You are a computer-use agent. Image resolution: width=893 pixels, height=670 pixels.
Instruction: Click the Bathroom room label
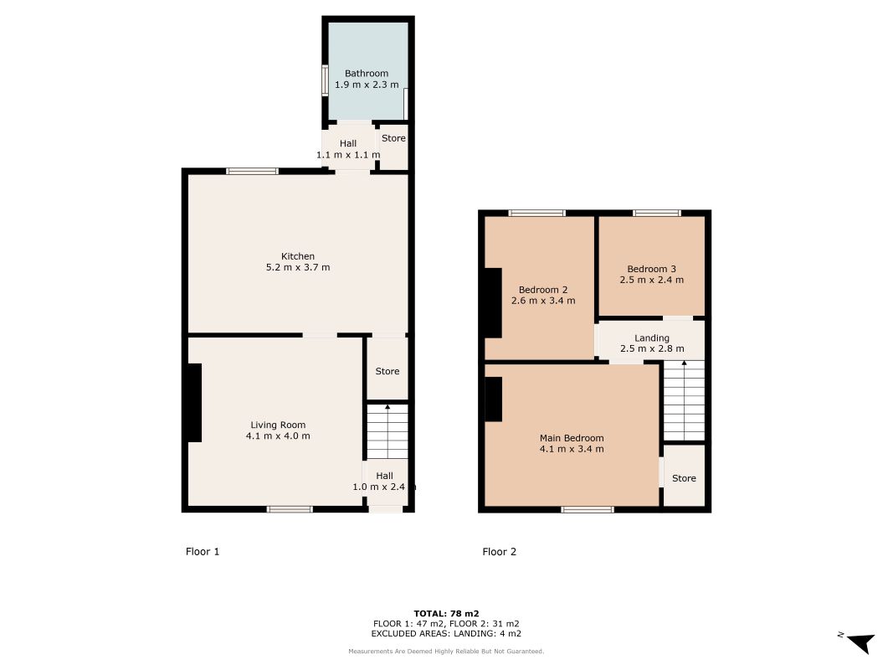point(367,74)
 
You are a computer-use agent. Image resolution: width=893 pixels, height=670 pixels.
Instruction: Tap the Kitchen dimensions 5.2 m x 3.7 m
point(298,267)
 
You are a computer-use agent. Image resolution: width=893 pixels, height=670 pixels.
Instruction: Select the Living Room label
point(278,425)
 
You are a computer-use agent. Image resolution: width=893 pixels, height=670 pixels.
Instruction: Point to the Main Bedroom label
point(572,438)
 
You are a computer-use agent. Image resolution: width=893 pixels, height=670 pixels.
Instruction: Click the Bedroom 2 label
point(543,290)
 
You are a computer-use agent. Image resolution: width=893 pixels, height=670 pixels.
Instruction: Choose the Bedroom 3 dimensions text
point(651,280)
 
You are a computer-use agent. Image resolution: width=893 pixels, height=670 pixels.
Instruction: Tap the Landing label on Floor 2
point(652,338)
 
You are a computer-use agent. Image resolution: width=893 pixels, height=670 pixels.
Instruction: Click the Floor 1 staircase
point(387,431)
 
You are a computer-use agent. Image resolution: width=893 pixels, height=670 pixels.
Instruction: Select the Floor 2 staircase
point(684,400)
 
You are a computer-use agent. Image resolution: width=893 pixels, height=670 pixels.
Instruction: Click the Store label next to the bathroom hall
point(393,138)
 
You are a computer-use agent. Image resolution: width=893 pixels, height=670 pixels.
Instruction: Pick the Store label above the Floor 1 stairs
point(387,372)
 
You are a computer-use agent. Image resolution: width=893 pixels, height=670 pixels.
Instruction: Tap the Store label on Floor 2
point(684,478)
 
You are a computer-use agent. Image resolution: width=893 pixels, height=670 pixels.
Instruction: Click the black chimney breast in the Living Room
point(195,403)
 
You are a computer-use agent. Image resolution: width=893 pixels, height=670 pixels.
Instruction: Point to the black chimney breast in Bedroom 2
point(493,303)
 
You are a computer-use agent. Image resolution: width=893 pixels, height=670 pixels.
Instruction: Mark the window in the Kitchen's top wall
point(252,172)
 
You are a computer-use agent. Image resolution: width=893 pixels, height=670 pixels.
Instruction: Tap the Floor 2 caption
point(499,552)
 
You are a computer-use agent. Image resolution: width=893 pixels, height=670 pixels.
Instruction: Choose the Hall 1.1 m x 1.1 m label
point(348,149)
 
